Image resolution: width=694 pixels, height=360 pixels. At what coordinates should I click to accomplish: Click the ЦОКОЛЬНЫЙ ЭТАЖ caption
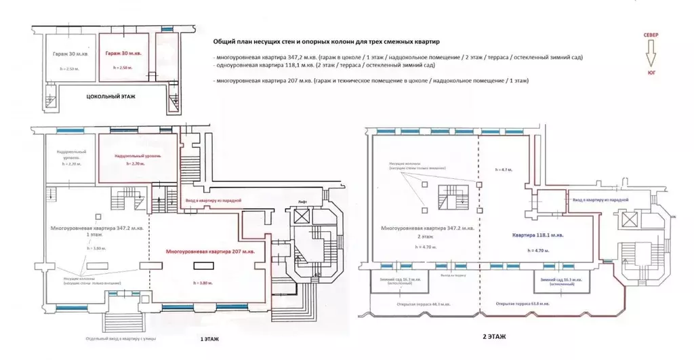point(110,97)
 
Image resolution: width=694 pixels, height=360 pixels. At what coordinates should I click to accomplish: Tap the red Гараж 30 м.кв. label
point(124,54)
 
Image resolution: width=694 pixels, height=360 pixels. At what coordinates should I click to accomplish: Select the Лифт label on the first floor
point(303,203)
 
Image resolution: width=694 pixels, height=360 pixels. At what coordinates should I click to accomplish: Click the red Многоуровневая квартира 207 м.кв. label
point(207,252)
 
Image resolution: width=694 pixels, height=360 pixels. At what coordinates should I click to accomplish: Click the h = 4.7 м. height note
point(504,168)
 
